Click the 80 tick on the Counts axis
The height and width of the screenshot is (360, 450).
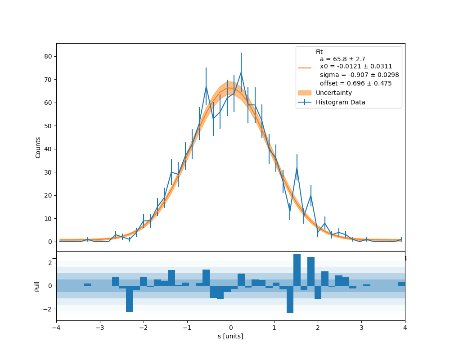48,56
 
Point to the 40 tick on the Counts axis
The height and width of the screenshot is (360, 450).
48,149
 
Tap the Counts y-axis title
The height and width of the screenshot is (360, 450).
38,147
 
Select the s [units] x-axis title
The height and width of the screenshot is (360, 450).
230,336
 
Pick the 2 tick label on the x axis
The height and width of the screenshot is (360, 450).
318,327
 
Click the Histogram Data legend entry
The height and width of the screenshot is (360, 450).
340,102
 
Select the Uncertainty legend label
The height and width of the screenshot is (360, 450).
334,93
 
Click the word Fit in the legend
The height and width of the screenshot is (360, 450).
319,52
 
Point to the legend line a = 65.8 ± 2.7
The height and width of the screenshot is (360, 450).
342,59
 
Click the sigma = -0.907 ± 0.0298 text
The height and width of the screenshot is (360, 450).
359,75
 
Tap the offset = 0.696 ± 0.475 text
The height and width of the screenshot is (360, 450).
355,83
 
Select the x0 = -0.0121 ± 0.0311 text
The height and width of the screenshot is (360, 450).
355,67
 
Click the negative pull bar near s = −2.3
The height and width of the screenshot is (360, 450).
130,298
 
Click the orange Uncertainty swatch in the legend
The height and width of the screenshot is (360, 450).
305,93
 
